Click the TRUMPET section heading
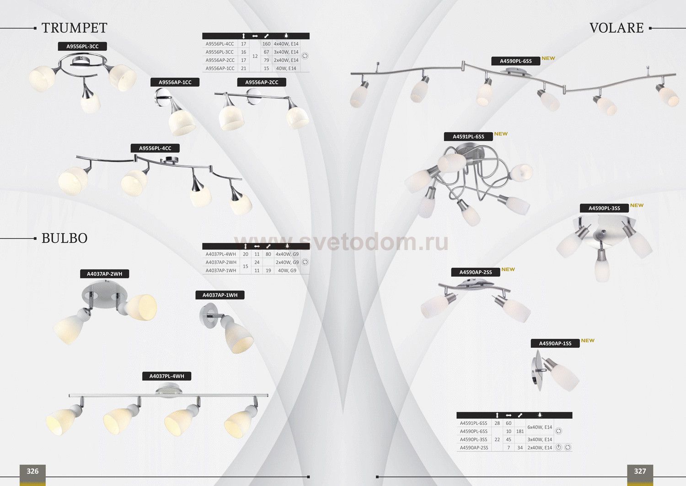(74, 28)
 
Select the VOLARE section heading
(616, 28)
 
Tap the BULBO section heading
(64, 238)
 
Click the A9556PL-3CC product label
(82, 46)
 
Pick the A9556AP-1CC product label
(175, 82)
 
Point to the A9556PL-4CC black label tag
(155, 148)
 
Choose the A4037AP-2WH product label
(104, 274)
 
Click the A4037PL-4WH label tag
(166, 376)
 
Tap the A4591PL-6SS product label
(468, 137)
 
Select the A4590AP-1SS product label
(555, 344)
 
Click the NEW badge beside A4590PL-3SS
(637, 205)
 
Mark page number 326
(32, 471)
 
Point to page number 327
(640, 471)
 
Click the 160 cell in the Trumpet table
(266, 44)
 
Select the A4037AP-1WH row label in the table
(221, 271)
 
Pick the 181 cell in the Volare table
(520, 431)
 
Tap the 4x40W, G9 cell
(287, 254)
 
